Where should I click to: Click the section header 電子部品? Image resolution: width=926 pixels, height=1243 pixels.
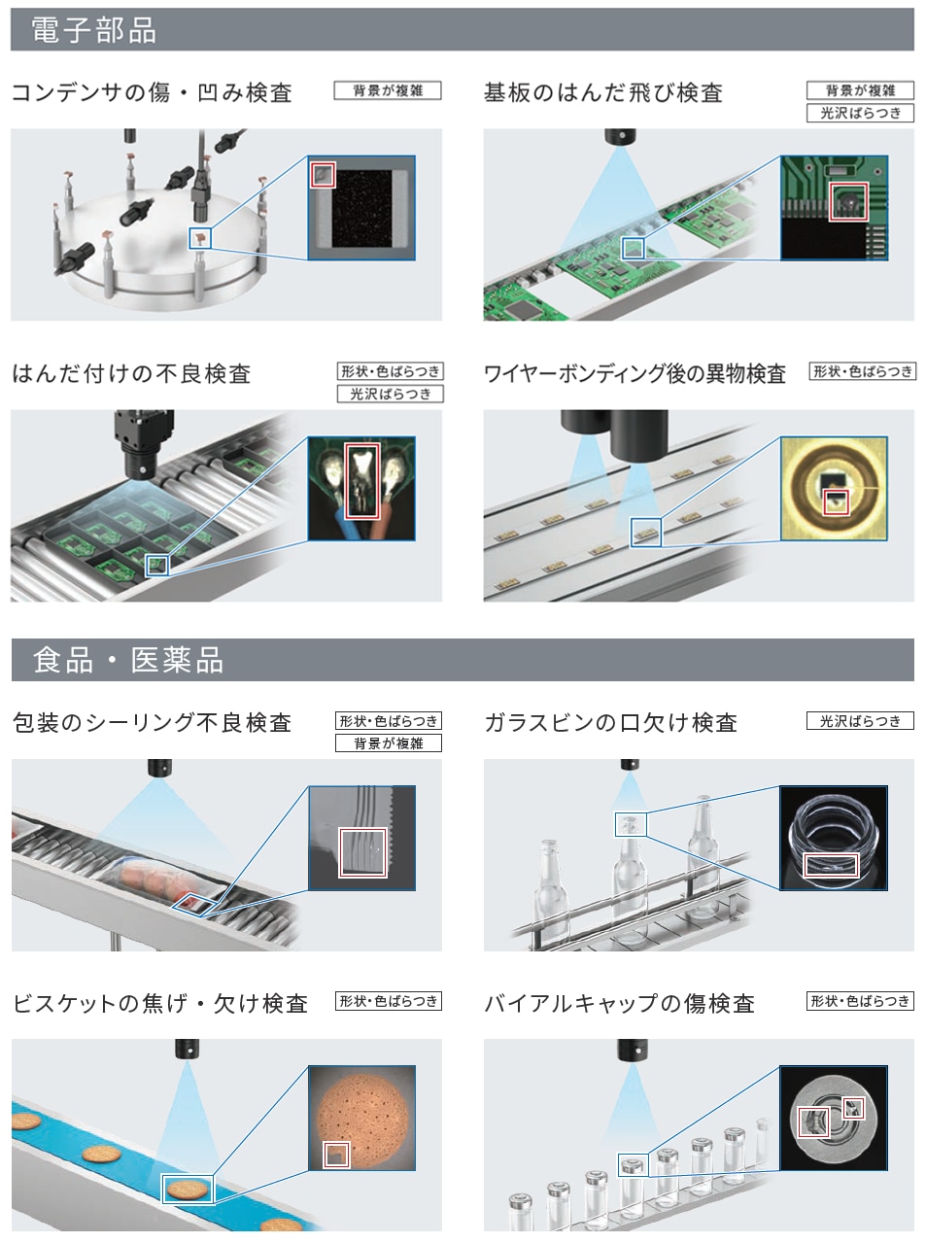93,30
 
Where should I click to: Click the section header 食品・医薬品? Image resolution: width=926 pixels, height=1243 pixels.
128,660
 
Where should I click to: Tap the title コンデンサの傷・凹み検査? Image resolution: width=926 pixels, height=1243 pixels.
152,92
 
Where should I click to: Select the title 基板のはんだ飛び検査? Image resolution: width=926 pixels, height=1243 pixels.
603,92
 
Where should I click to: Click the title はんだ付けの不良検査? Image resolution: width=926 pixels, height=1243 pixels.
131,374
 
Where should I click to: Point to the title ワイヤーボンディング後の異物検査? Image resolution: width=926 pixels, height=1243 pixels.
635,374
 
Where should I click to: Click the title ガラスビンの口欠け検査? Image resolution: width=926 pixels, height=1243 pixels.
611,723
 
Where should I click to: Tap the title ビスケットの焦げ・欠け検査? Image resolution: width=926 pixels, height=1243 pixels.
160,1003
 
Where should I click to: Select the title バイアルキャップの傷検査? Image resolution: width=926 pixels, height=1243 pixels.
619,1003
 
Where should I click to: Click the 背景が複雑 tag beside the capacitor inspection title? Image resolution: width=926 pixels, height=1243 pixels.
388,90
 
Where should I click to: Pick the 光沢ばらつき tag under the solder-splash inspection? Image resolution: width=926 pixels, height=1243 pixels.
861,113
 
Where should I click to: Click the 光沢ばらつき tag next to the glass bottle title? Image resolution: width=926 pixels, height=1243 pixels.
861,721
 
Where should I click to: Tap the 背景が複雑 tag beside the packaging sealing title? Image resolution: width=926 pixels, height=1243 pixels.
389,743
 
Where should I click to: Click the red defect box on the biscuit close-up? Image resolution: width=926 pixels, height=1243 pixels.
336,1155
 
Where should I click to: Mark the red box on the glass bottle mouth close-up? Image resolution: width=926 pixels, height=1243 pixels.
832,864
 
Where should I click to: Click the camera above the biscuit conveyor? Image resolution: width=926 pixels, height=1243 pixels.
188,1049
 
